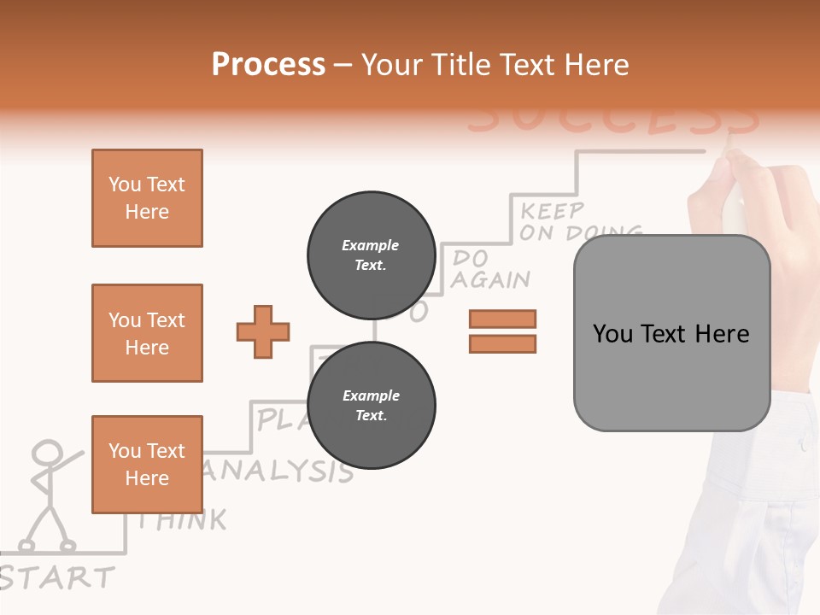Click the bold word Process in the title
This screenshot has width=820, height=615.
(268, 64)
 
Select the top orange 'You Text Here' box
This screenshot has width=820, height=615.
(147, 198)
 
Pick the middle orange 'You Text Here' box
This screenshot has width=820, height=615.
(147, 333)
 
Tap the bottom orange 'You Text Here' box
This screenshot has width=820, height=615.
(147, 465)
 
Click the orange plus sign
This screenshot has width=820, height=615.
(263, 331)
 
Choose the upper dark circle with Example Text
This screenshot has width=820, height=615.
(372, 255)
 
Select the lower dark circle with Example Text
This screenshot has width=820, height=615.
(372, 405)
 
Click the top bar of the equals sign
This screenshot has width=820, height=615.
(502, 319)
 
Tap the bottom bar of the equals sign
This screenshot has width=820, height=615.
(502, 343)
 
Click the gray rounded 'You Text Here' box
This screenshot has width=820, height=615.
(671, 333)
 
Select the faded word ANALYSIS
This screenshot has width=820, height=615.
(278, 471)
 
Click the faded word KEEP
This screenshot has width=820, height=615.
(553, 210)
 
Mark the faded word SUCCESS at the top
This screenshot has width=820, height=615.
(612, 120)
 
